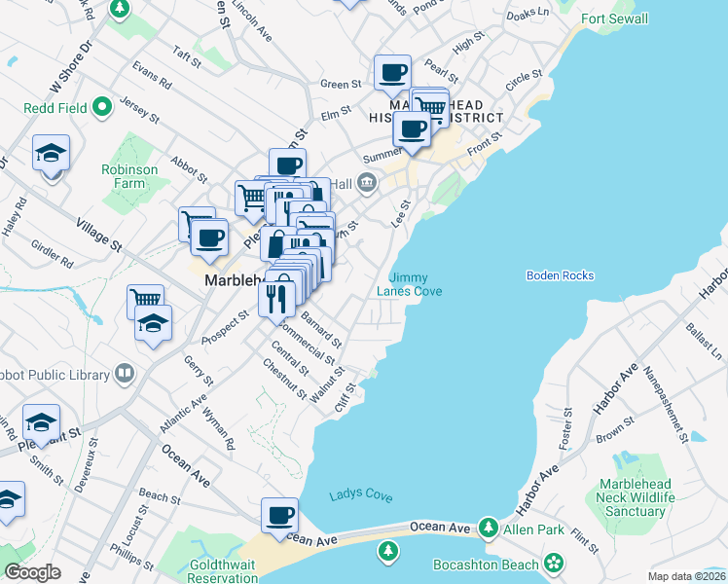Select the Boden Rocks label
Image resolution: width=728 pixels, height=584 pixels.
560,275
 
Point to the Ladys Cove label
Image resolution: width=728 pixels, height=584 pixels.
360,495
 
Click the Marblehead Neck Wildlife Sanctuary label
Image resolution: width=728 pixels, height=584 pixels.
638,497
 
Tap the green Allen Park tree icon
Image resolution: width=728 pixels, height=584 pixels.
489,529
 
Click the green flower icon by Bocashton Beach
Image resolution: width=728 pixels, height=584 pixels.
554,563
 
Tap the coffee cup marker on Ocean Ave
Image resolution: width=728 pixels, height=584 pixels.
280,515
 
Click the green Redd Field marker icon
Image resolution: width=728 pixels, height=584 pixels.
101,108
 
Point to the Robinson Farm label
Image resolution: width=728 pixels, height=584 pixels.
128,176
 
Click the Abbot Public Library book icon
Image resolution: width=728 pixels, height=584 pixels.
124,373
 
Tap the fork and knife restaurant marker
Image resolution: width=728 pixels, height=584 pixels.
277,297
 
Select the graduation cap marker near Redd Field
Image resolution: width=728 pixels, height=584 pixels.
51,153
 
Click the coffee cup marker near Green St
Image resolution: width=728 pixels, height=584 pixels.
393,72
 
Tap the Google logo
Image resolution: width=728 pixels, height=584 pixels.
32,572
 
